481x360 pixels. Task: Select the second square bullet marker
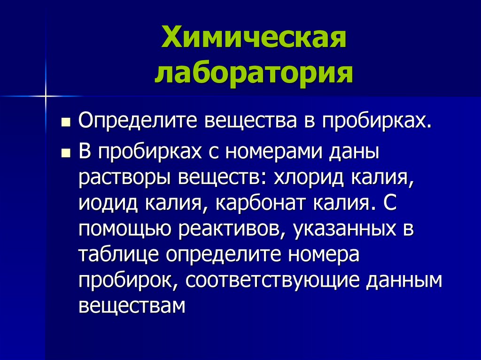[67, 153]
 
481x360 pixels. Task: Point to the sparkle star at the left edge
[46, 96]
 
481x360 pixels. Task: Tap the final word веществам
[132, 305]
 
